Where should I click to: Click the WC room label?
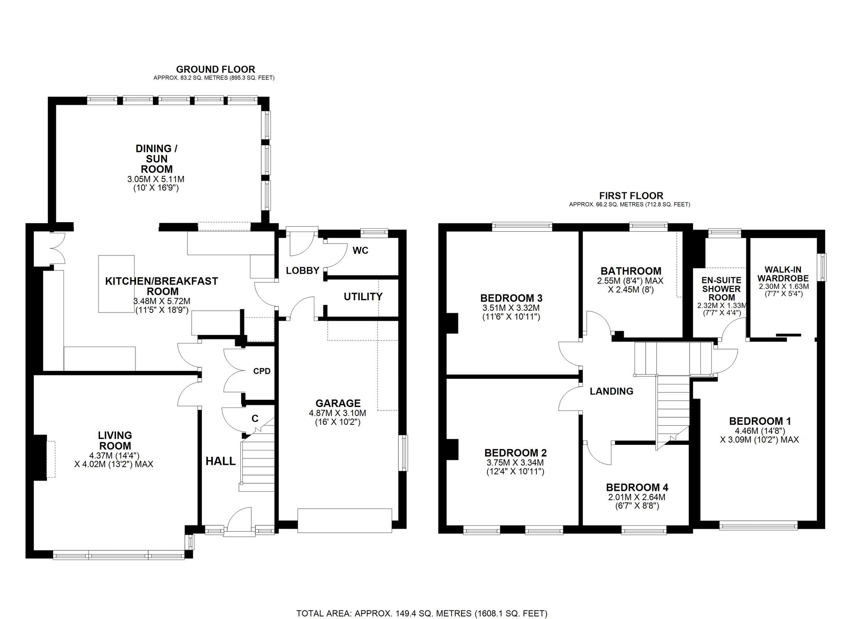[360, 250]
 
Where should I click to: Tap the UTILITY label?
[363, 297]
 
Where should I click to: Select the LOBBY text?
[302, 270]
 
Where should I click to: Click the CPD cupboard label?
[262, 371]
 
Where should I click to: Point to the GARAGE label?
[338, 403]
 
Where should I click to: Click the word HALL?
[220, 461]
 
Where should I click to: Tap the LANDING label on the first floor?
[611, 391]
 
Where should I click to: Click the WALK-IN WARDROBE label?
[783, 274]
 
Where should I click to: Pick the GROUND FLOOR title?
[216, 69]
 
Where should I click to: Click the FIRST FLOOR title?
[631, 196]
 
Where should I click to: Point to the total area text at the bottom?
[422, 613]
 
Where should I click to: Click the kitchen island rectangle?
[117, 284]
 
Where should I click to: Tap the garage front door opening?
[344, 520]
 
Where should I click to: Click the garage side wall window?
[403, 453]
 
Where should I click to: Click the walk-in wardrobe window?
[823, 267]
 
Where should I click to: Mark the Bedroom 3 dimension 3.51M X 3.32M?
[511, 308]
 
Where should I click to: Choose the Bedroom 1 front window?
[758, 526]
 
